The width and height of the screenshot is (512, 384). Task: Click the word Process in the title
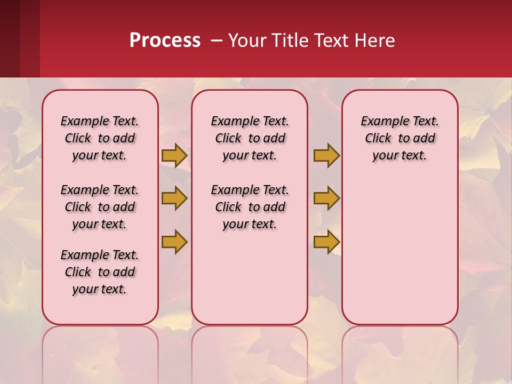click(165, 41)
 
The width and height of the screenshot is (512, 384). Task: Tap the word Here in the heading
click(375, 41)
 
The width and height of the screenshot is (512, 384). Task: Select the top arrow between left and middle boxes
click(174, 155)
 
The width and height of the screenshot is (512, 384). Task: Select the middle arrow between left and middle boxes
click(174, 198)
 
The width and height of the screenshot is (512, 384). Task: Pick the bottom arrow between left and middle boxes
click(174, 242)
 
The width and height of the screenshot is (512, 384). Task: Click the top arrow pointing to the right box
click(326, 155)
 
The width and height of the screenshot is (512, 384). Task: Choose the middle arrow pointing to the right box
click(326, 198)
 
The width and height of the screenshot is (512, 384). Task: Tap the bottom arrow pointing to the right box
click(326, 242)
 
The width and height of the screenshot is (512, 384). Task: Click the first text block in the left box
click(100, 138)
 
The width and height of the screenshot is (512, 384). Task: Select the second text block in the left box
click(100, 207)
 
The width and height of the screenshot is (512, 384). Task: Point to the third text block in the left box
click(100, 272)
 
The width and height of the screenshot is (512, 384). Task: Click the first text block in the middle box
click(250, 138)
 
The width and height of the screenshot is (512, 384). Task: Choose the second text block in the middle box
click(250, 207)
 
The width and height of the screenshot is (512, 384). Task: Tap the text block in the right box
click(399, 138)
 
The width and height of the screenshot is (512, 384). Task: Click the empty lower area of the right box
click(399, 256)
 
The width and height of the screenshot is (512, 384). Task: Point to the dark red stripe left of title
click(20, 38)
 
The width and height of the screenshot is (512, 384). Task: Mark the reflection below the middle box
click(250, 352)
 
